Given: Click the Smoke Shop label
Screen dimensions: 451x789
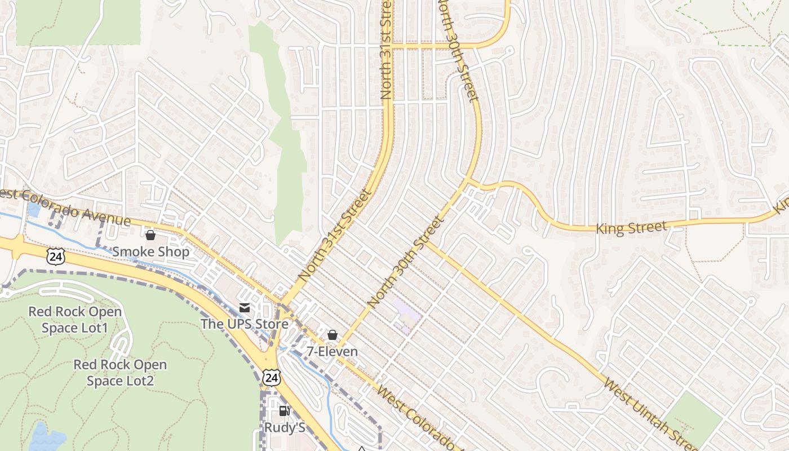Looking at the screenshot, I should tap(151, 251).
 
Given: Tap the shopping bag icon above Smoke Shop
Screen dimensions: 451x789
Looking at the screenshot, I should tap(150, 235).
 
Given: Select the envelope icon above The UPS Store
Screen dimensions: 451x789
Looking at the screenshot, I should tap(245, 308).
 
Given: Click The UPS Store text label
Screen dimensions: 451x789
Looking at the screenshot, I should tap(245, 324).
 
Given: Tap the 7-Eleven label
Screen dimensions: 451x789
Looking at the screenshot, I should tap(332, 352).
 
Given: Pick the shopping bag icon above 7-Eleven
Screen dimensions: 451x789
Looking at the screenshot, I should tap(333, 335).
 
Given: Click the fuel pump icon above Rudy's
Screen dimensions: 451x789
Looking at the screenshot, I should tap(285, 411).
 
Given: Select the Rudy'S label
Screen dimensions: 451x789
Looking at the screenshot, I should tap(285, 428).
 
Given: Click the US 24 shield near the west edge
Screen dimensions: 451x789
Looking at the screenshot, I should tap(56, 257).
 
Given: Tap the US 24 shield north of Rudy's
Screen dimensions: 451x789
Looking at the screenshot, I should tap(272, 377).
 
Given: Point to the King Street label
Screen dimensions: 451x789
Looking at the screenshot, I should tap(632, 228).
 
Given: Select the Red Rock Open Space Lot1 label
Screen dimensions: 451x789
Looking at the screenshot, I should tap(75, 320).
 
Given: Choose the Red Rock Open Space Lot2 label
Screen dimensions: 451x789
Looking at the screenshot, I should tap(120, 373).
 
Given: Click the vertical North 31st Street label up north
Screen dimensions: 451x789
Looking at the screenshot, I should tap(386, 51).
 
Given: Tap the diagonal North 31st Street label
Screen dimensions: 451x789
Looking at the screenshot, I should tap(336, 236).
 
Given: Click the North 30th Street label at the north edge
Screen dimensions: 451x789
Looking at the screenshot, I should tap(458, 51).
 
